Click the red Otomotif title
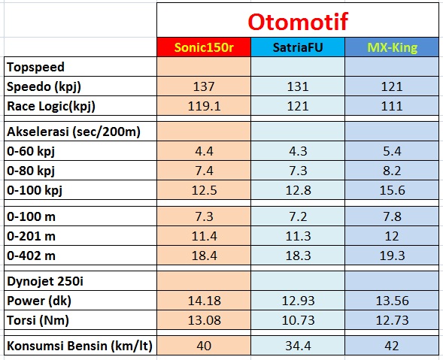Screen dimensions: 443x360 298,22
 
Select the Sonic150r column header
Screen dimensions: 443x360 204,47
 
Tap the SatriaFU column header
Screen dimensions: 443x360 298,47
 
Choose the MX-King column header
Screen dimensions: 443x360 392,47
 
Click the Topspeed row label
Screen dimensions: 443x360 35,68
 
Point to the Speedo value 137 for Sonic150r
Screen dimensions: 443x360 204,86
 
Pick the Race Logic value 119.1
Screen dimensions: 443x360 204,106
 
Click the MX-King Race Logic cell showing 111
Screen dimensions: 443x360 392,106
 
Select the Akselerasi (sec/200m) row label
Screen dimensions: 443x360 74,132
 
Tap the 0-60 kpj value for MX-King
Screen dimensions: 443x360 392,151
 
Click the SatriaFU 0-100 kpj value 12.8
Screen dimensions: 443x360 298,190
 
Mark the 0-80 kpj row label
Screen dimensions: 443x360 31,171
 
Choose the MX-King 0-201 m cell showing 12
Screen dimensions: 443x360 392,236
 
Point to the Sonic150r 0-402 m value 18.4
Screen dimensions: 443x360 204,256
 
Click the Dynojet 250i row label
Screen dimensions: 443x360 45,282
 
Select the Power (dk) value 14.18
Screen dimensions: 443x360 205,301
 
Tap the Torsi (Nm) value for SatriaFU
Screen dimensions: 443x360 298,320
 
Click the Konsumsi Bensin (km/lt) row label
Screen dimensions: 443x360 80,346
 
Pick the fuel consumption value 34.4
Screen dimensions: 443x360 298,346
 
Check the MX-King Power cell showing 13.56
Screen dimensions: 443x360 392,301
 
